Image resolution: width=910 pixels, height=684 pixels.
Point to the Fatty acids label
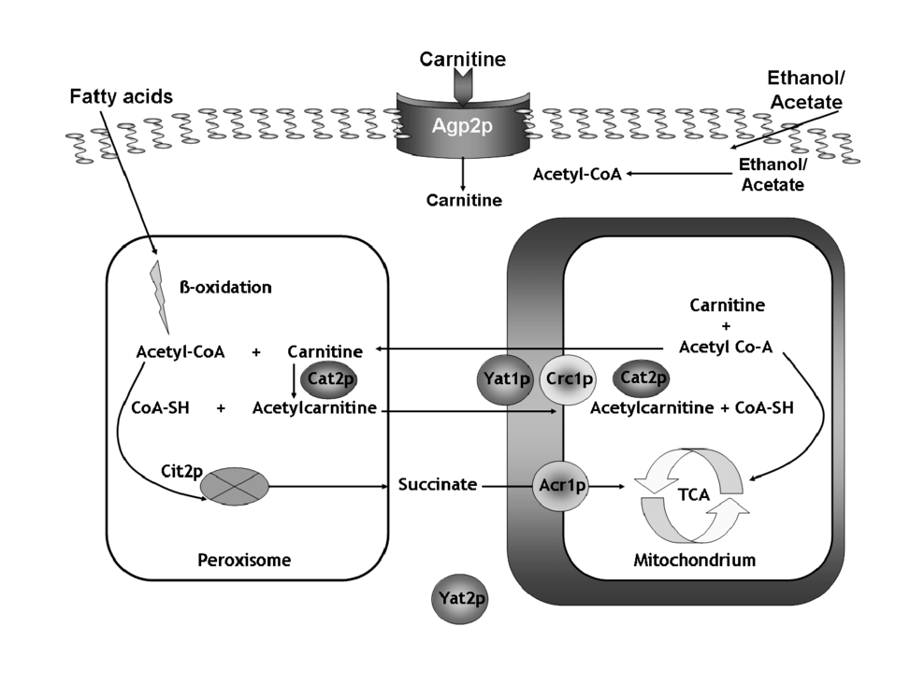[x=122, y=96]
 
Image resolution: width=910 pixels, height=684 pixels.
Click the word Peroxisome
[x=244, y=561]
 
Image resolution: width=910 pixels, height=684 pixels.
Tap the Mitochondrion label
[x=693, y=561]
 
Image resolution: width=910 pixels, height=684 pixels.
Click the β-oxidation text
[x=225, y=287]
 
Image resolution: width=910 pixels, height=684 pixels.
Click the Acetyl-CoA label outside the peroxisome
[x=577, y=174]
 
